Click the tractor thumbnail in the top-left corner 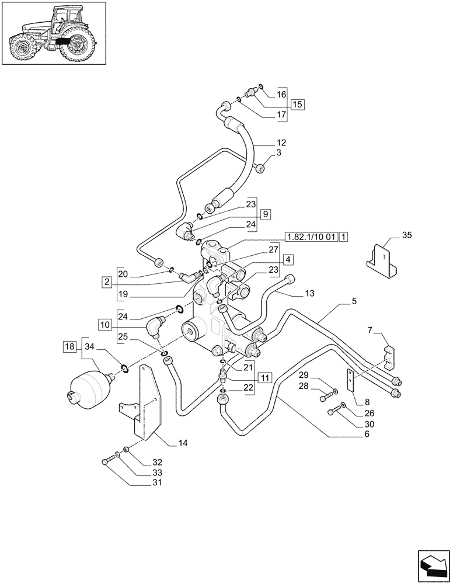[x=53, y=34]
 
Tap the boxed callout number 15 [x=297, y=105]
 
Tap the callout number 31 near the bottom [x=141, y=482]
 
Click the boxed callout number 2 [x=106, y=282]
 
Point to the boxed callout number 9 [x=265, y=214]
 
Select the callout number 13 [x=309, y=293]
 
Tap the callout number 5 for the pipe [x=354, y=302]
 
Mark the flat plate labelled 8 [x=350, y=381]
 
